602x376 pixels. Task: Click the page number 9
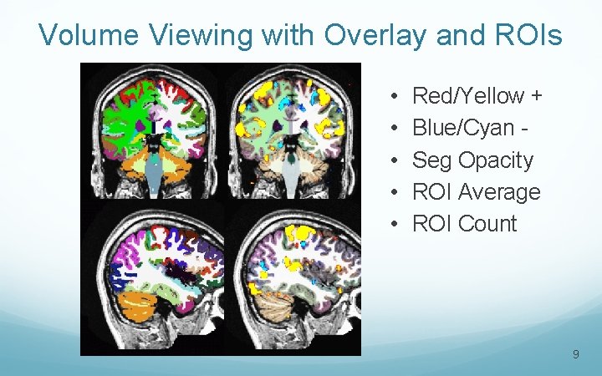(x=576, y=355)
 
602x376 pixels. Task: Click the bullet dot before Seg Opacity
(x=393, y=160)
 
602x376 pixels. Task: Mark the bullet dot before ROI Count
(x=393, y=224)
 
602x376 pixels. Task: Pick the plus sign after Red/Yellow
(x=536, y=97)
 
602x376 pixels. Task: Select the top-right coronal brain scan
(x=292, y=134)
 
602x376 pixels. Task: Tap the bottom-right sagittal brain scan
(x=292, y=280)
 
